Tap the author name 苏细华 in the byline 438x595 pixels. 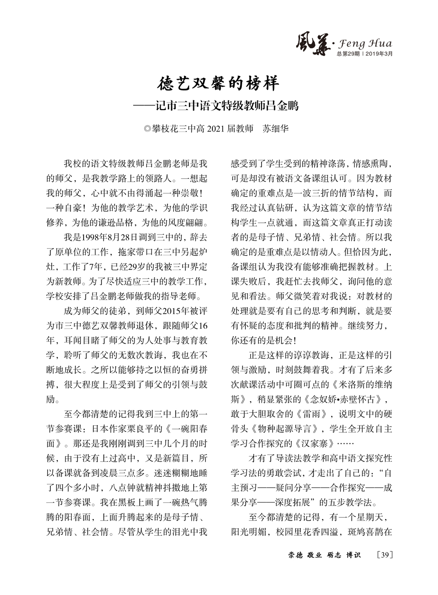coord(276,128)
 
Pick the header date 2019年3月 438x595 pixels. coord(379,53)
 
